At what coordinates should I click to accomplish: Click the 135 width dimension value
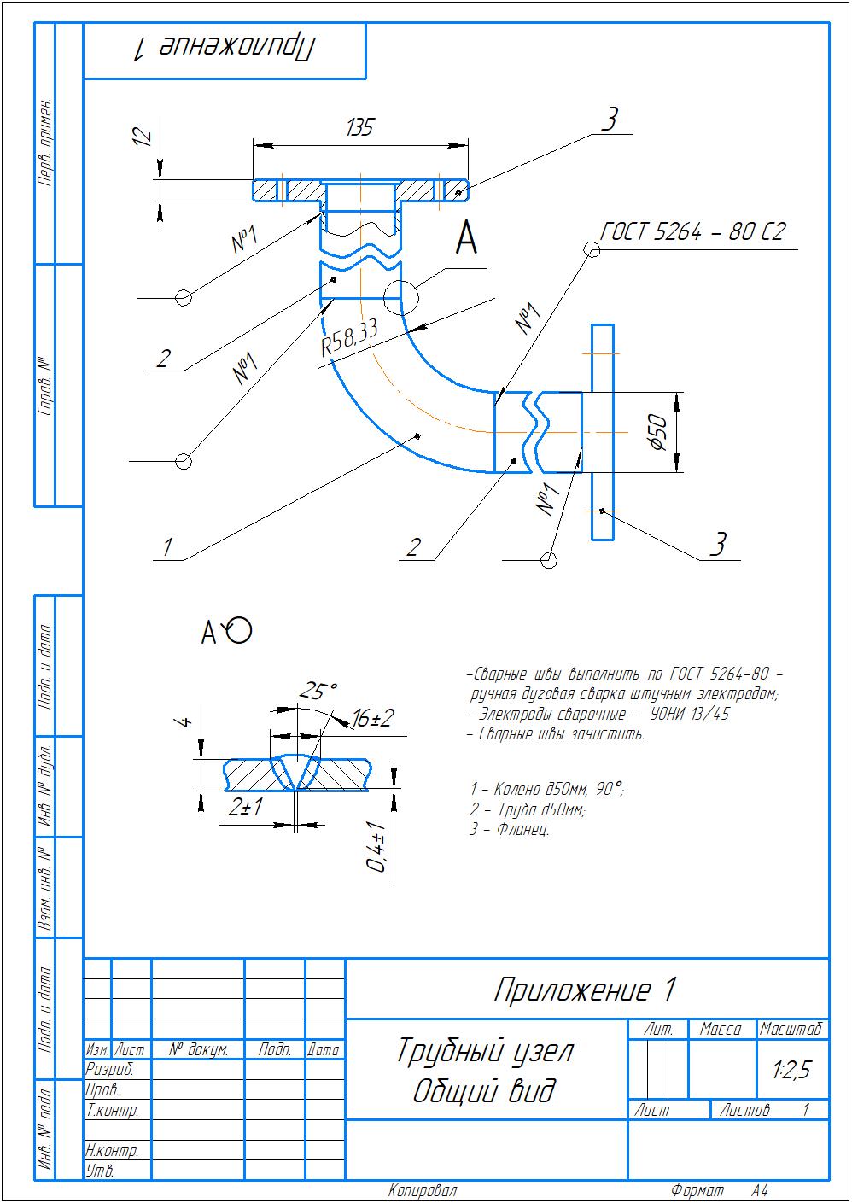tap(359, 128)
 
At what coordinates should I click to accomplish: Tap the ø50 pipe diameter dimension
tap(657, 431)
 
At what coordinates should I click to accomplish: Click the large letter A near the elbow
tap(466, 238)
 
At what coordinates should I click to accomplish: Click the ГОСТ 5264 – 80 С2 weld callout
tap(692, 233)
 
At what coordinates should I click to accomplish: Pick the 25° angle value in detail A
tap(318, 690)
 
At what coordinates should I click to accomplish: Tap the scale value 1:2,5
tap(791, 1070)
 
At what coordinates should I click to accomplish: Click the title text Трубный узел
tap(484, 1051)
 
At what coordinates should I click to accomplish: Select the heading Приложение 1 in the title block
tap(585, 990)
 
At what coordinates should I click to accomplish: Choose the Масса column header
tap(721, 1030)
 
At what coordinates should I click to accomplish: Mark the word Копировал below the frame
tap(423, 1190)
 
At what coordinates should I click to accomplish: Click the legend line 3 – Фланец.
tap(509, 829)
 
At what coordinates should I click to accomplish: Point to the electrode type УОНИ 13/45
tap(690, 714)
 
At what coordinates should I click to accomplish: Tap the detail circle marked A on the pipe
tap(400, 297)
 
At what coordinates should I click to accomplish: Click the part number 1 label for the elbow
tap(168, 546)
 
